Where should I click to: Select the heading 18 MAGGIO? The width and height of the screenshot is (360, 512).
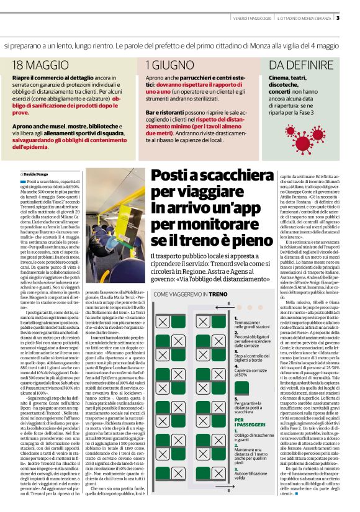pos(35,65)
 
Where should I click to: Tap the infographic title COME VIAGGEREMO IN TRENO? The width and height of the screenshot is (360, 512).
pos(192,294)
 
